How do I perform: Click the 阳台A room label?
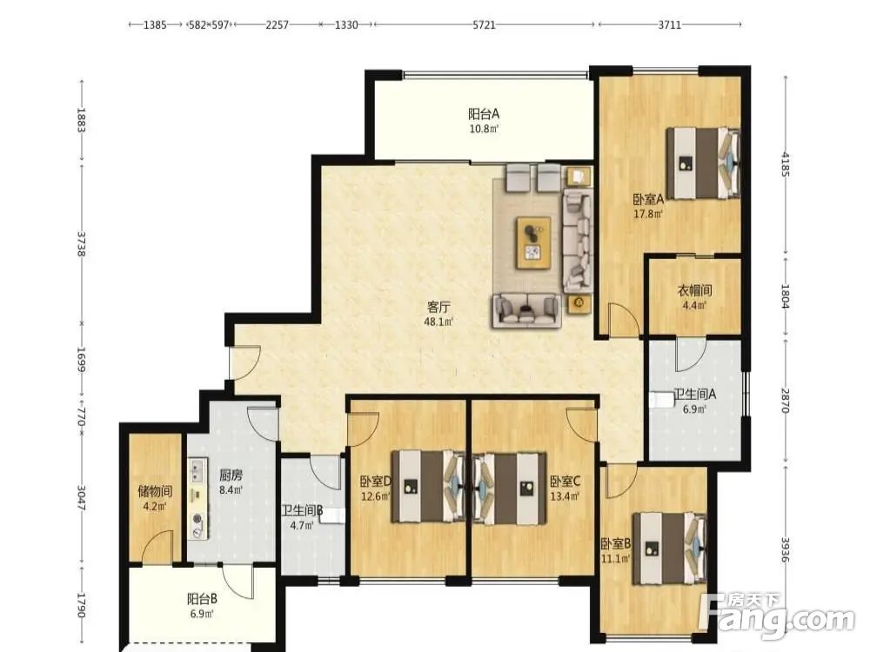(x=484, y=114)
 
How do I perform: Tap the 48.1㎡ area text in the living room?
(x=438, y=322)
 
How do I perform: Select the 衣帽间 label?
(x=694, y=290)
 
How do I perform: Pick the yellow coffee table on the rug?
(x=534, y=243)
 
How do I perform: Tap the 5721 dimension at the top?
(x=484, y=25)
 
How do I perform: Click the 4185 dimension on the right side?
(x=785, y=163)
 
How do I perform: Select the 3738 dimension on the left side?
(x=82, y=244)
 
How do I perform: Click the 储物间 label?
(x=155, y=490)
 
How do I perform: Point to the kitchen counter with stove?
(x=197, y=498)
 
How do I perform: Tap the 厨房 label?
(x=231, y=476)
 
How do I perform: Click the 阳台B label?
(x=202, y=599)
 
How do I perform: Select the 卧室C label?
(x=565, y=481)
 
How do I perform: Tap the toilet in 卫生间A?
(x=661, y=401)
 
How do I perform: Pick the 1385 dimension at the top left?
(x=155, y=25)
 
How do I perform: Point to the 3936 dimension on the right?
(x=785, y=549)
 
